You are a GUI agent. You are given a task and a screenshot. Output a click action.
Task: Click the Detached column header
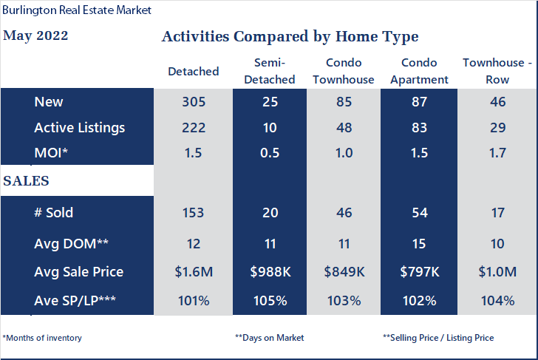(194, 72)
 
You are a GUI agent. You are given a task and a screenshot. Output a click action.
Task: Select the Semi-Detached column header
(270, 71)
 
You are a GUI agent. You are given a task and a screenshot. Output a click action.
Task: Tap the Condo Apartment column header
(419, 71)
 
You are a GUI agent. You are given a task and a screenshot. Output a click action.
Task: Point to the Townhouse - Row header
(497, 71)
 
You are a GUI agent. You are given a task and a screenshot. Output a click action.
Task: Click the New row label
(49, 101)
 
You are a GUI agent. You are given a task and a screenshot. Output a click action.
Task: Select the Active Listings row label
(80, 128)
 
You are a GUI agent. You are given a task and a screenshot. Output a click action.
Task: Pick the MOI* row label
(51, 153)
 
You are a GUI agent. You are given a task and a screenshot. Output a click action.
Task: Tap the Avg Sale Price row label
(79, 272)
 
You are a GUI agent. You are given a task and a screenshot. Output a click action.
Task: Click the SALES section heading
(26, 181)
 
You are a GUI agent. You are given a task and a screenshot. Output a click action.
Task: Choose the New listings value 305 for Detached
(194, 101)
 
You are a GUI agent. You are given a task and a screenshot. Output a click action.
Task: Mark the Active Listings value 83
(419, 128)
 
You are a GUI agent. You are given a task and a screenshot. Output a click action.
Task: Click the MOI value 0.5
(270, 153)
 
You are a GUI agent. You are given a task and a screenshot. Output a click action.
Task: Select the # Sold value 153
(193, 213)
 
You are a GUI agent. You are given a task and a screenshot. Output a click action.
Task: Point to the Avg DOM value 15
(419, 244)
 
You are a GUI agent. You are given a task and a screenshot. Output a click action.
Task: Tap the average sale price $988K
(270, 272)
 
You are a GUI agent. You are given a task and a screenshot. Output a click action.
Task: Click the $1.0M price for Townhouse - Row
(497, 272)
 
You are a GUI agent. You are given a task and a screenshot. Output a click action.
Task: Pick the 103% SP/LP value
(344, 301)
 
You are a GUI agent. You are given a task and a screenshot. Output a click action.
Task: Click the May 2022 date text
(35, 35)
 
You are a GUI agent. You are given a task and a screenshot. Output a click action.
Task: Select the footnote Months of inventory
(42, 338)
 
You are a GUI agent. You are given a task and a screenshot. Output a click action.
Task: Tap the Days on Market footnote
(269, 338)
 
